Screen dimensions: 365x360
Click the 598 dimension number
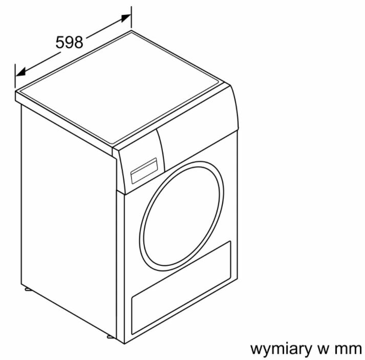[70, 42]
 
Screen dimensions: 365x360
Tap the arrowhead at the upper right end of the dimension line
[126, 18]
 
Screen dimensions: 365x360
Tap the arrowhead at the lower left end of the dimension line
[20, 72]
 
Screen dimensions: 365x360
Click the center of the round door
[182, 216]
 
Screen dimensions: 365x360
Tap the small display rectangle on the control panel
[144, 171]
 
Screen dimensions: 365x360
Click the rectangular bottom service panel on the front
[181, 288]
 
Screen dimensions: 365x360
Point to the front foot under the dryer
[111, 336]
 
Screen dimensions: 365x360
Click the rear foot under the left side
[28, 289]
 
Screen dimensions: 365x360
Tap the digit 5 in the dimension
[60, 42]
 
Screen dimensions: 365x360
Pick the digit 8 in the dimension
[79, 42]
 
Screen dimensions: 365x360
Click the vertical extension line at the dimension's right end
[131, 18]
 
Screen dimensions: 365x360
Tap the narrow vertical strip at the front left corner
[120, 265]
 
